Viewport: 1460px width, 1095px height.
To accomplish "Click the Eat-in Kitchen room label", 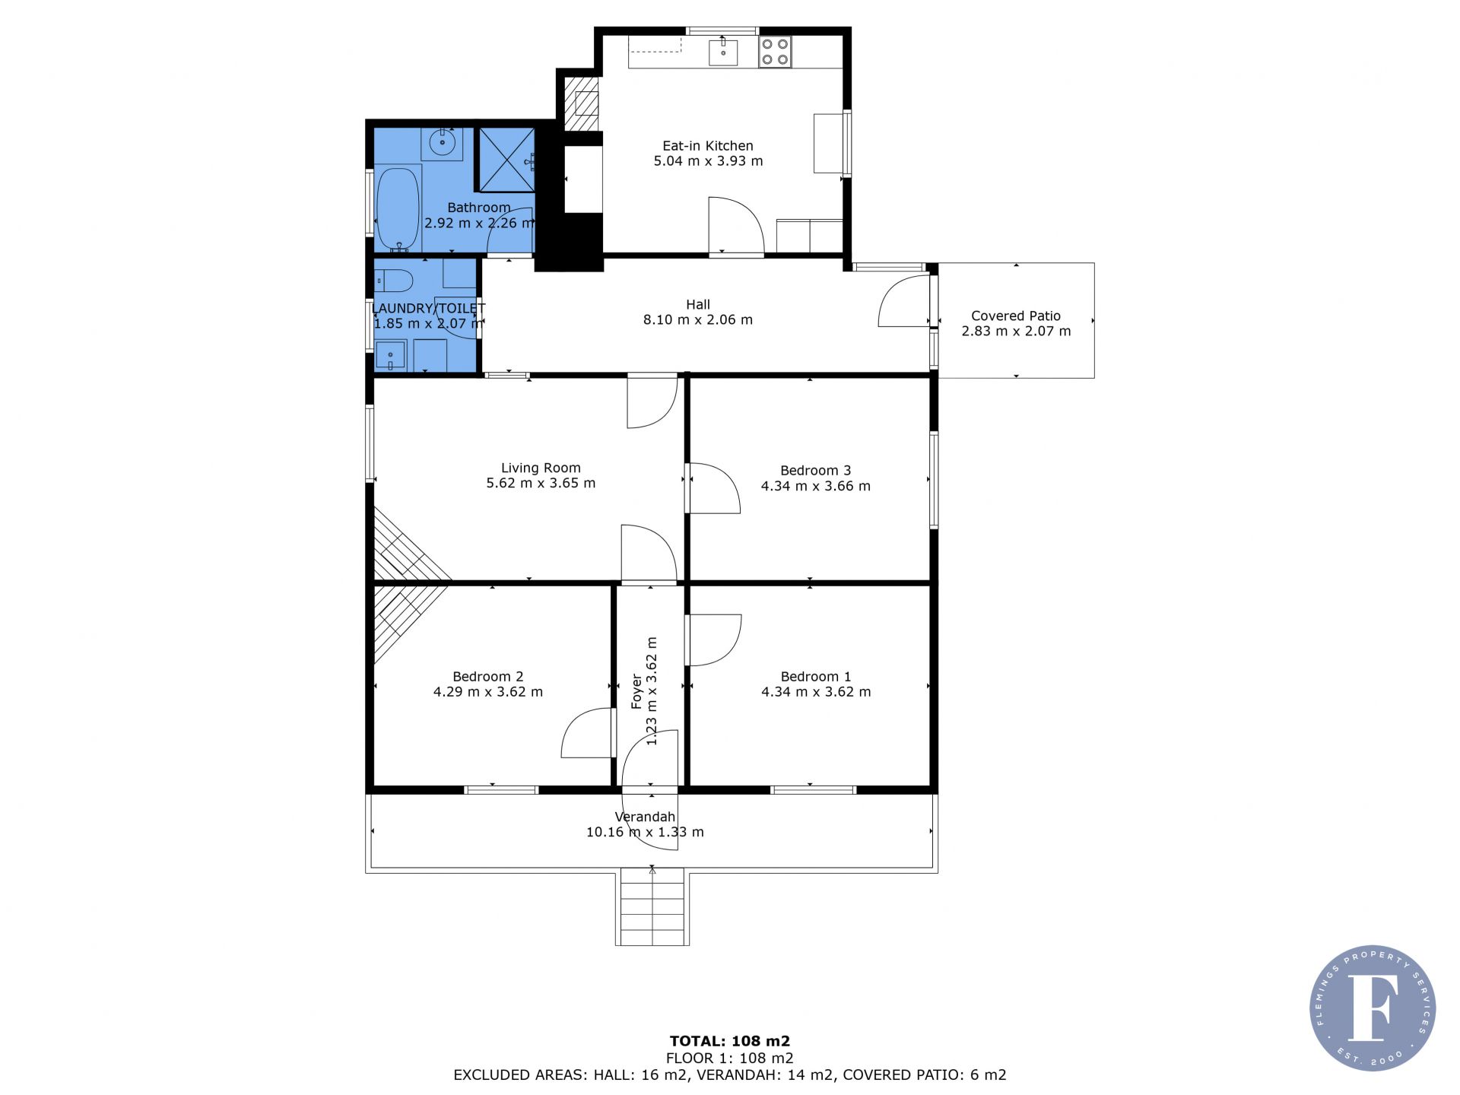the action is (708, 146).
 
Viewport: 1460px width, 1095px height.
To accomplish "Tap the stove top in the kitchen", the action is (775, 52).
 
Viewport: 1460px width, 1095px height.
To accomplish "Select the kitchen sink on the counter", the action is (723, 52).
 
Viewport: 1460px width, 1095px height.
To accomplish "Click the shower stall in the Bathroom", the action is (506, 160).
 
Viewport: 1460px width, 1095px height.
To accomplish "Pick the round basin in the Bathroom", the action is (442, 142).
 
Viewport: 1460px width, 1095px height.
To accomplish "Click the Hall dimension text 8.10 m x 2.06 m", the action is (698, 320).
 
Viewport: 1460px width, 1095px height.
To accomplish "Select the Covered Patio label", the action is (1016, 316).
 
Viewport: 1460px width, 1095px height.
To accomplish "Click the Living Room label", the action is (541, 468).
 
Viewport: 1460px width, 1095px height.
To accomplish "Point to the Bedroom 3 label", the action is (816, 471).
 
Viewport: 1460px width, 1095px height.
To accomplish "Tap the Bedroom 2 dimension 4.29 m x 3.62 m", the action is (488, 692).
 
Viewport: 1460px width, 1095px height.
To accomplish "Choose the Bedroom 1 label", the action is (816, 677).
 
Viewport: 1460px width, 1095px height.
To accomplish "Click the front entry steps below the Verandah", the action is (652, 909).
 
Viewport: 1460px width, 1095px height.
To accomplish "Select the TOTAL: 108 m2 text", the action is (730, 1041).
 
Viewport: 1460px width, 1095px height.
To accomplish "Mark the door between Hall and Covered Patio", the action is (904, 300).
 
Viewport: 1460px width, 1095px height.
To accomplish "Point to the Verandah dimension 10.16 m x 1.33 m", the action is (645, 833).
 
